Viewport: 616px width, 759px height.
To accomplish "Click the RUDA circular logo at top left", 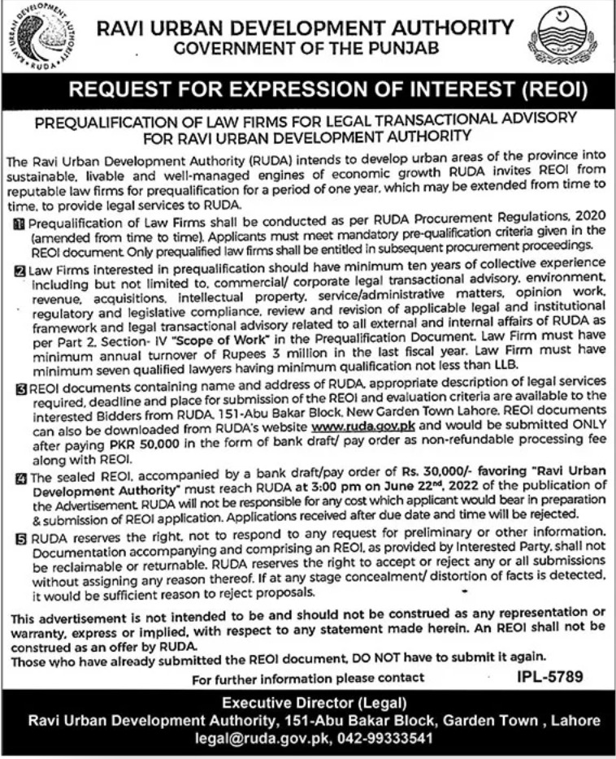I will click(x=39, y=38).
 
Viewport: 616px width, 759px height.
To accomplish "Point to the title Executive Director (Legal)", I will click(x=306, y=704).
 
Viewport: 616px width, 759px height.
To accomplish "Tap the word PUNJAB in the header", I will click(x=402, y=49).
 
